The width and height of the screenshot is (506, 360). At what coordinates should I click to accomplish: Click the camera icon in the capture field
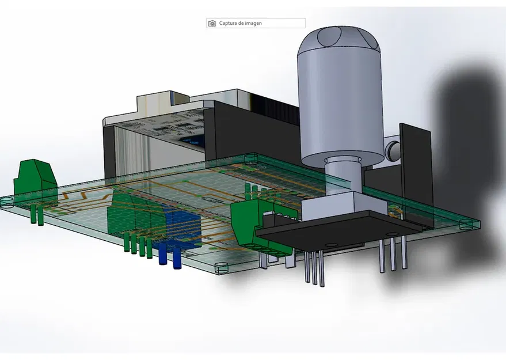tap(212, 24)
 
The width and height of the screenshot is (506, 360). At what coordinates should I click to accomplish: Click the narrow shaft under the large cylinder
tap(344, 176)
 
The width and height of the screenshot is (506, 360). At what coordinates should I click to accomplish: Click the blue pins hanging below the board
tap(170, 256)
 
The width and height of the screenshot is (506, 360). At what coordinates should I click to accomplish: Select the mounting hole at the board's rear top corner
tap(250, 156)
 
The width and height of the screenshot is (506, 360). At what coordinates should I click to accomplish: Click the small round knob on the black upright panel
tap(393, 149)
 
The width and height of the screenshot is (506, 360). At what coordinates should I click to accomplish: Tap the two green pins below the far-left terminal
tap(37, 215)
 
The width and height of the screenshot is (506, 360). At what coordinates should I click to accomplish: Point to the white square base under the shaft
tap(333, 204)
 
